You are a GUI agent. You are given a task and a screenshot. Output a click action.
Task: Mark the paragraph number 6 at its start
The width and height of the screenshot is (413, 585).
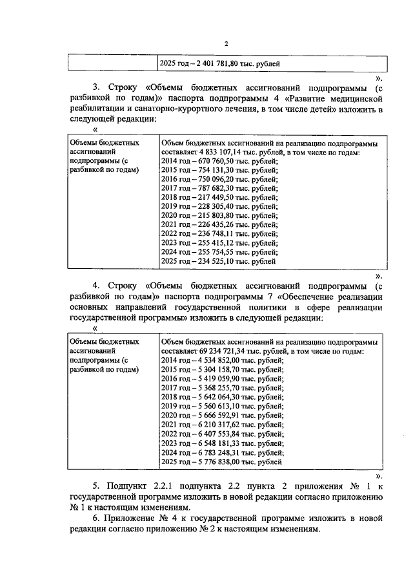point(95,518)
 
